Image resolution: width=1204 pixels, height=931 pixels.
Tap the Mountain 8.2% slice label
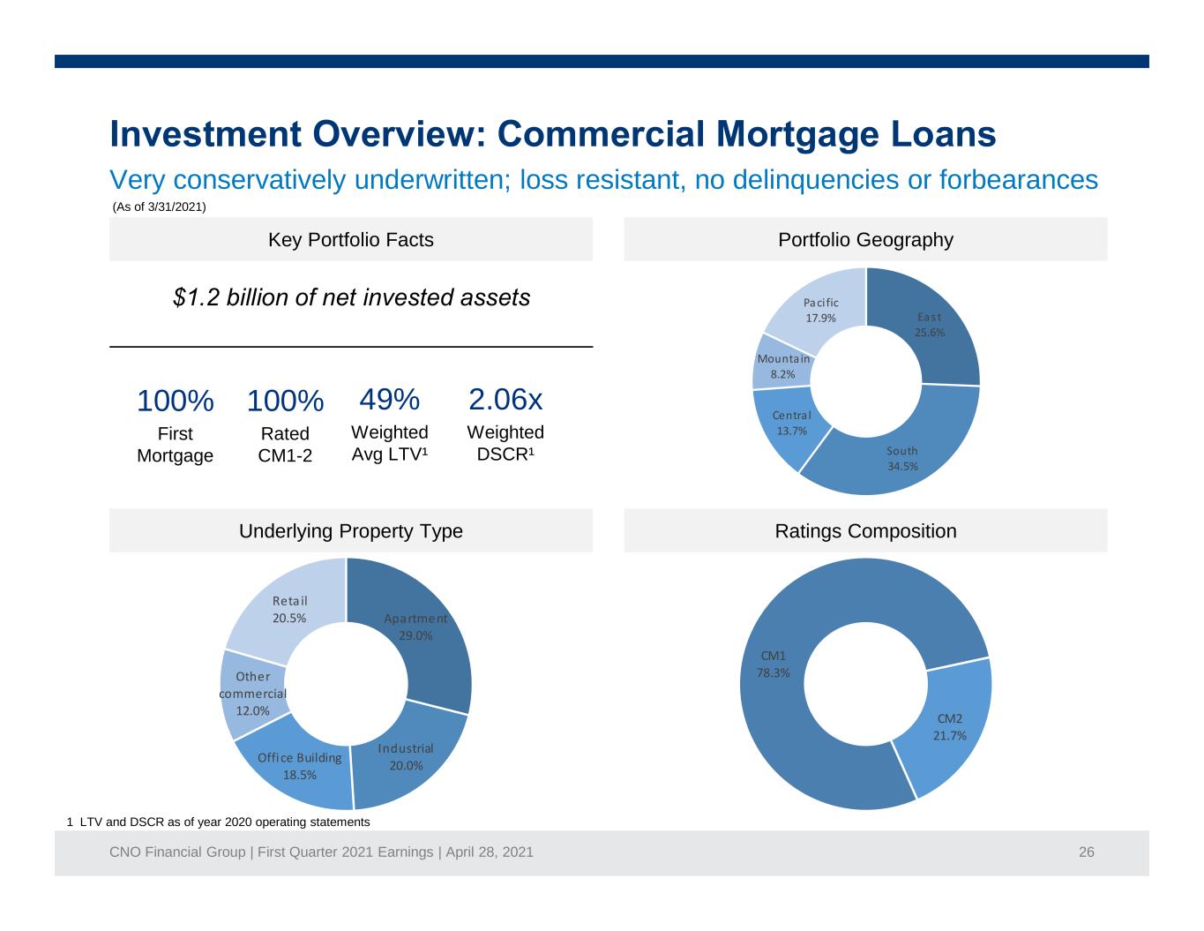[783, 366]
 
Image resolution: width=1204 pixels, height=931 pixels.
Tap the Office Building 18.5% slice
[299, 768]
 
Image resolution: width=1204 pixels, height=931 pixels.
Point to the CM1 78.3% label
[773, 664]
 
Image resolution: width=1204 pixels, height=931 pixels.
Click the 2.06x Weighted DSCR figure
[505, 399]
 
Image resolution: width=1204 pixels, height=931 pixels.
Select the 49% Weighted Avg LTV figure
[390, 399]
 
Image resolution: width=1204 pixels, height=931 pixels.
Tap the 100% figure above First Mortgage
[175, 401]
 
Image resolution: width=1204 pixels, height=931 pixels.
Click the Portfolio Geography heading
[865, 239]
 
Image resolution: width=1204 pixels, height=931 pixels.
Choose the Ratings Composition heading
[865, 531]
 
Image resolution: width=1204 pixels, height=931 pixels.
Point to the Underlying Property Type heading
[351, 531]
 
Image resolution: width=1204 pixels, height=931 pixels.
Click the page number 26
[1086, 852]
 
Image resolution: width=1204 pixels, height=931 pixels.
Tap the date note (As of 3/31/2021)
[159, 206]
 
